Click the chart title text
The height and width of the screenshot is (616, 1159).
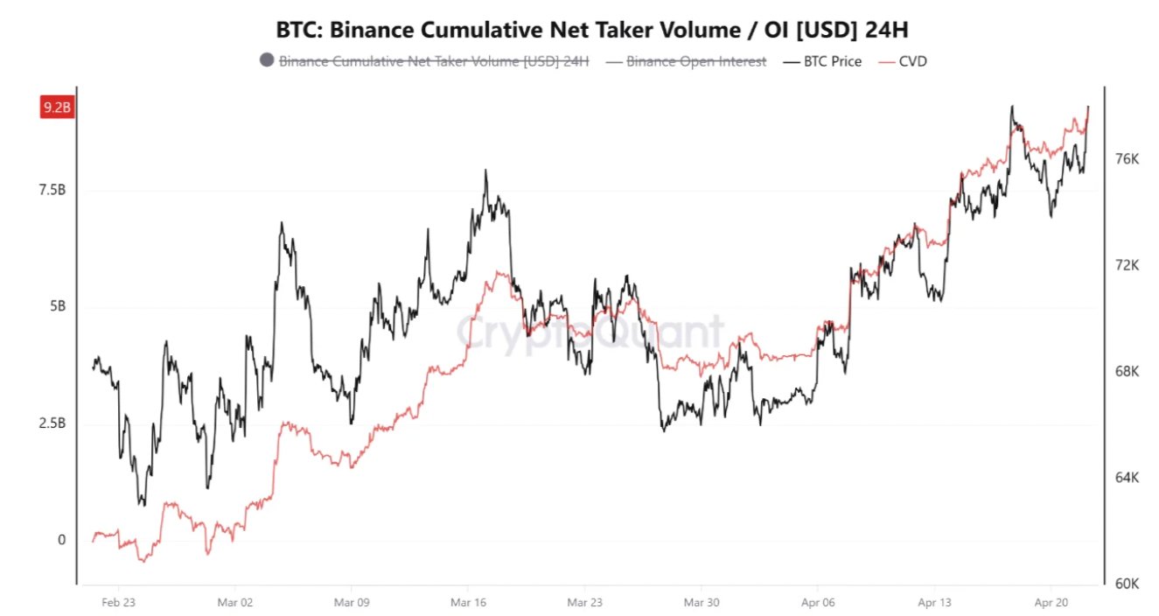pyautogui.click(x=592, y=30)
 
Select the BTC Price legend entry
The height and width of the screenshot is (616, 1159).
pyautogui.click(x=832, y=61)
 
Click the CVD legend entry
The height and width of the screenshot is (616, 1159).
pyautogui.click(x=912, y=61)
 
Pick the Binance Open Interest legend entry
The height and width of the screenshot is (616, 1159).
pyautogui.click(x=695, y=61)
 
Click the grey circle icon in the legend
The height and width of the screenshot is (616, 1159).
pyautogui.click(x=267, y=60)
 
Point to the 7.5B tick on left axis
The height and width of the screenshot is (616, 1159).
pyautogui.click(x=52, y=191)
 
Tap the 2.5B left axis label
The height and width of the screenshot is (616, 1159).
pyautogui.click(x=52, y=423)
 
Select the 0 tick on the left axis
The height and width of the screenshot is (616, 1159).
pyautogui.click(x=61, y=540)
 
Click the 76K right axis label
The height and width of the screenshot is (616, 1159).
pyautogui.click(x=1128, y=159)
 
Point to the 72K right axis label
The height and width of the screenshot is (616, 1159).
pyautogui.click(x=1128, y=265)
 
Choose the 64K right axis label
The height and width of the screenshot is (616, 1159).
pyautogui.click(x=1128, y=478)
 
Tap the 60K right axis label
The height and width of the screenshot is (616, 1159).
pyautogui.click(x=1128, y=584)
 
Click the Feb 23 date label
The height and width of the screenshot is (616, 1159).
pyautogui.click(x=118, y=602)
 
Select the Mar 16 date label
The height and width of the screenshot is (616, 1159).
pyautogui.click(x=468, y=602)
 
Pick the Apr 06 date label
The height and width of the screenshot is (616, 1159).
pyautogui.click(x=817, y=602)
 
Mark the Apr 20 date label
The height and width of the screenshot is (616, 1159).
pyautogui.click(x=1050, y=602)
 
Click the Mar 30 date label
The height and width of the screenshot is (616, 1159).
pyautogui.click(x=701, y=602)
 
